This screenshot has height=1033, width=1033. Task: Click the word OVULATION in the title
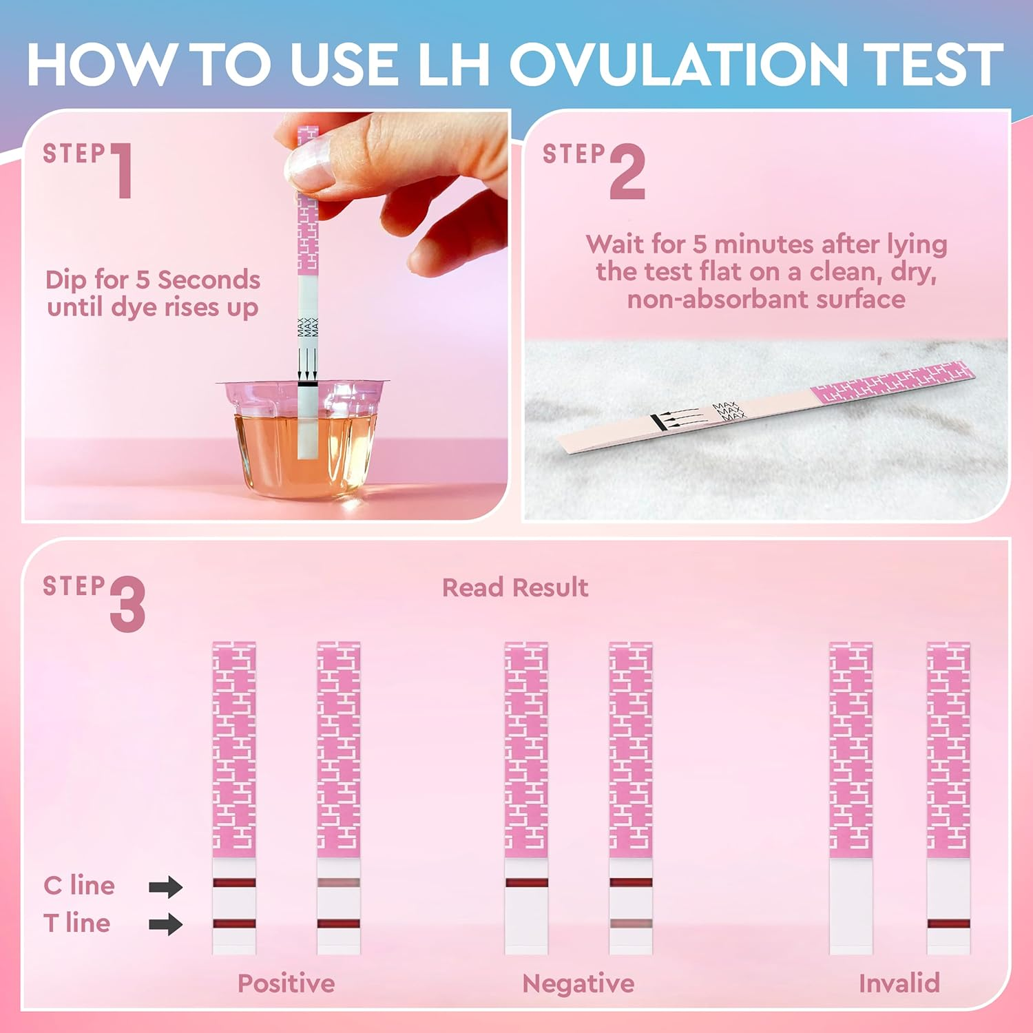pyautogui.click(x=678, y=63)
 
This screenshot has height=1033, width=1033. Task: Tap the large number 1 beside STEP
pyautogui.click(x=123, y=171)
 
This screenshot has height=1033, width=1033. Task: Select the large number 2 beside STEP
pyautogui.click(x=627, y=172)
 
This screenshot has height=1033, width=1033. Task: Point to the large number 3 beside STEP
pyautogui.click(x=127, y=604)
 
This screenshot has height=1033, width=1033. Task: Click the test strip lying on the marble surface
pyautogui.click(x=764, y=406)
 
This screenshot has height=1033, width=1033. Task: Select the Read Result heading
pyautogui.click(x=514, y=587)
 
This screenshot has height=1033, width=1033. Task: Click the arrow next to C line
pyautogui.click(x=165, y=886)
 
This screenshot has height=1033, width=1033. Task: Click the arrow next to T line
pyautogui.click(x=165, y=924)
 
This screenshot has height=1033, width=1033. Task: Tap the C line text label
pyautogui.click(x=79, y=886)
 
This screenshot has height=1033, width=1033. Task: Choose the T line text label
pyautogui.click(x=76, y=923)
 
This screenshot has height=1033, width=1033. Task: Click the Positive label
pyautogui.click(x=286, y=983)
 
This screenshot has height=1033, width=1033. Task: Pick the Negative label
pyautogui.click(x=578, y=983)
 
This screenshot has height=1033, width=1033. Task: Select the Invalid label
pyautogui.click(x=899, y=983)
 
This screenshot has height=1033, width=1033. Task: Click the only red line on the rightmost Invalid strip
pyautogui.click(x=948, y=924)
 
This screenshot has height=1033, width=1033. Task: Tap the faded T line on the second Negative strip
pyautogui.click(x=630, y=924)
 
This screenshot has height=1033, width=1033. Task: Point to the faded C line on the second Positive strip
pyautogui.click(x=338, y=883)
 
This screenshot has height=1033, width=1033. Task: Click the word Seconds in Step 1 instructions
pyautogui.click(x=209, y=280)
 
